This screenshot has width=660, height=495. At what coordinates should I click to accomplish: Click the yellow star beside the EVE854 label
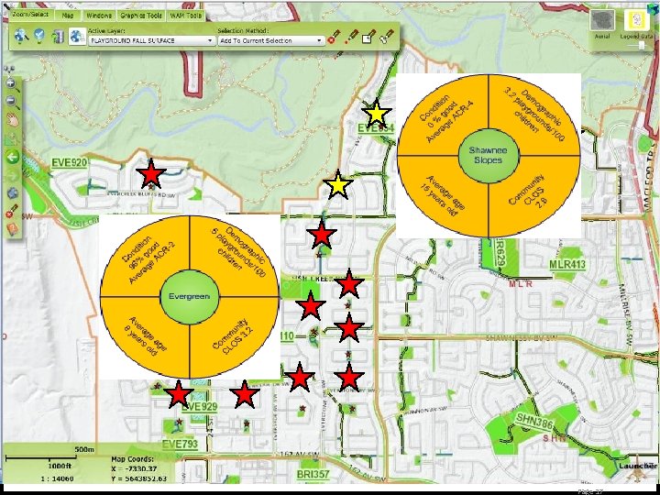pyautogui.click(x=375, y=113)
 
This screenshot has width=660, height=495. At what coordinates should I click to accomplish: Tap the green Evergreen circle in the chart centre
pyautogui.click(x=189, y=297)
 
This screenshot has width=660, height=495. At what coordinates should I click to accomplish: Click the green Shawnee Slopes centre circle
pyautogui.click(x=489, y=153)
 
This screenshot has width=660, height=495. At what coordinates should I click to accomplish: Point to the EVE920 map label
pyautogui.click(x=70, y=163)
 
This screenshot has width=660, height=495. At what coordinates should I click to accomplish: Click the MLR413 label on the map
pyautogui.click(x=567, y=265)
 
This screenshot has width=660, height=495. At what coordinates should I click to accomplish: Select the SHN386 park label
pyautogui.click(x=533, y=422)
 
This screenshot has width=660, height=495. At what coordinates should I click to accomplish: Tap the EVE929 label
pyautogui.click(x=200, y=407)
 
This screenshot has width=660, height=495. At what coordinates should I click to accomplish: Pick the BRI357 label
pyautogui.click(x=313, y=474)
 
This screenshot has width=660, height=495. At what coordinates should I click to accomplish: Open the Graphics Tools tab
pyautogui.click(x=141, y=16)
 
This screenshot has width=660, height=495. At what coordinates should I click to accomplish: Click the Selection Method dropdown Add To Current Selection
pyautogui.click(x=271, y=40)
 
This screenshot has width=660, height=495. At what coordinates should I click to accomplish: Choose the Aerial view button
pyautogui.click(x=602, y=23)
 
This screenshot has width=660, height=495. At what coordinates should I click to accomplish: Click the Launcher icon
pyautogui.click(x=636, y=467)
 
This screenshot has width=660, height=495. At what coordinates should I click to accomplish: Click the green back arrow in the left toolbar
pyautogui.click(x=13, y=157)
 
